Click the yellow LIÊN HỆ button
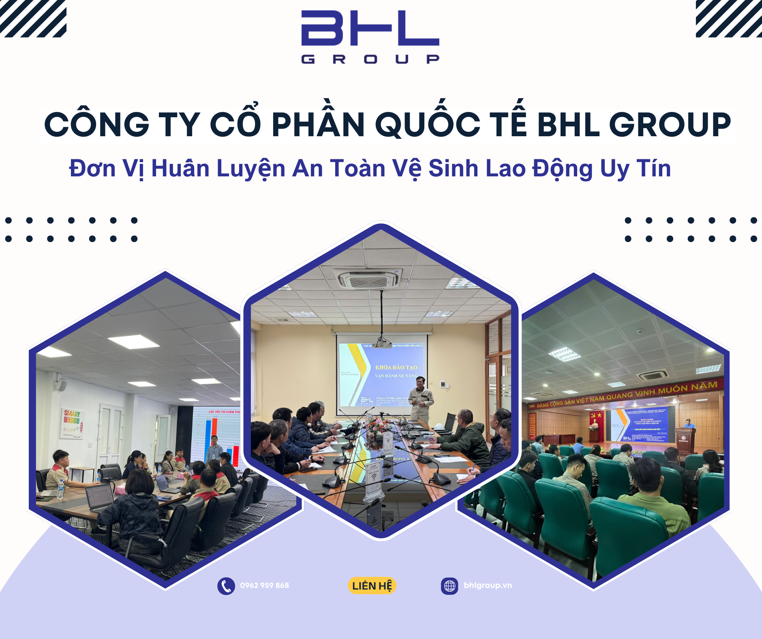[x=372, y=586]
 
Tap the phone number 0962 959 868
[x=264, y=585]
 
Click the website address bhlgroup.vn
[x=488, y=585]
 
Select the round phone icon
[x=226, y=586]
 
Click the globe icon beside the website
[x=449, y=586]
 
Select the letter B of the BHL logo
[x=321, y=28]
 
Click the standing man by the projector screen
[x=420, y=399]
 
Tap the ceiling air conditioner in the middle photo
[x=369, y=279]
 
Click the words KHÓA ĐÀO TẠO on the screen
[x=396, y=367]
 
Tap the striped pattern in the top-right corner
[x=728, y=18]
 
